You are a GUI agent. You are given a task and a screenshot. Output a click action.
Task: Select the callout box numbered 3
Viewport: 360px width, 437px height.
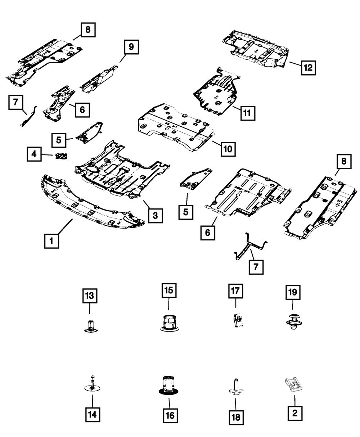(x=155, y=216)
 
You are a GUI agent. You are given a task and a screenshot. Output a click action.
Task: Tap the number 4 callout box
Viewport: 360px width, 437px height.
(x=34, y=155)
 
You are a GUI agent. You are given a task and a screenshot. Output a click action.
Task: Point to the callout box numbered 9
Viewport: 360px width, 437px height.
(x=131, y=46)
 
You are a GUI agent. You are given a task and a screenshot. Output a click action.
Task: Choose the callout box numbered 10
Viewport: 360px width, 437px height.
(x=229, y=148)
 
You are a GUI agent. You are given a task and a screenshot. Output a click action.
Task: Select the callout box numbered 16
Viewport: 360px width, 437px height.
(x=170, y=415)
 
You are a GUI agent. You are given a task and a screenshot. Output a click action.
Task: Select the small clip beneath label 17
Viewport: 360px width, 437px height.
(x=235, y=320)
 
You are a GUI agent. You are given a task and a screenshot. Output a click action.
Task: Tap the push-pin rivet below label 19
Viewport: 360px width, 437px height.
(x=293, y=321)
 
